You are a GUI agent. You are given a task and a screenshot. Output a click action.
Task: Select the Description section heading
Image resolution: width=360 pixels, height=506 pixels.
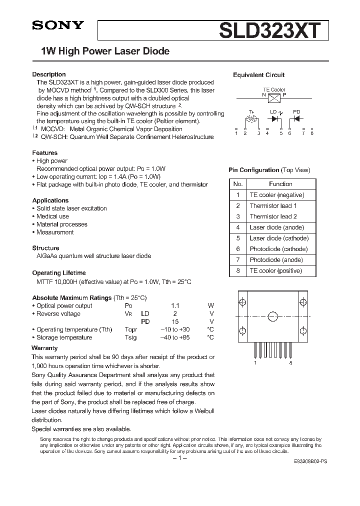(49, 74)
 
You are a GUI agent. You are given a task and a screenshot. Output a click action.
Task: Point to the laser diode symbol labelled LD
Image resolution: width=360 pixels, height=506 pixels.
(274, 119)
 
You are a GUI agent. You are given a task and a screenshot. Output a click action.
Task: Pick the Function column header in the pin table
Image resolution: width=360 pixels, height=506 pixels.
(280, 184)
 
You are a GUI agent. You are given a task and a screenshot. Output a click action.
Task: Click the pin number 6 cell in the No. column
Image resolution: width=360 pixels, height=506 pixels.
(238, 249)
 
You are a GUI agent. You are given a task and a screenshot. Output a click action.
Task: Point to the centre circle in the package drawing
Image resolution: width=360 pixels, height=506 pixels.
(273, 316)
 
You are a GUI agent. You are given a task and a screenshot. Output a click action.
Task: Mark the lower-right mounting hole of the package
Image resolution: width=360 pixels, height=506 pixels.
(302, 331)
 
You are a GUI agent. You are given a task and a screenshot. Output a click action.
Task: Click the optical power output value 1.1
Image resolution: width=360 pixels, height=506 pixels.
(175, 305)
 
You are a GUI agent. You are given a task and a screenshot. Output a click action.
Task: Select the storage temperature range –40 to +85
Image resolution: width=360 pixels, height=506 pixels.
(175, 337)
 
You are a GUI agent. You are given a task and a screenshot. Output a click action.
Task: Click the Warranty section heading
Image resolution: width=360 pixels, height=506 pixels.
(44, 347)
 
